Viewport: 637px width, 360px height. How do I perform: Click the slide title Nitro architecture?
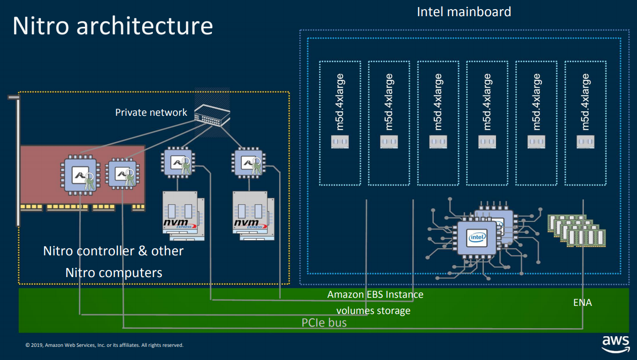pos(112,26)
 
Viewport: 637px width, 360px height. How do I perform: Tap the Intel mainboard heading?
pos(464,12)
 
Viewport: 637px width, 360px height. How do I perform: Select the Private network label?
pos(151,112)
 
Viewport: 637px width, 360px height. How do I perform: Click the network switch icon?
pos(212,114)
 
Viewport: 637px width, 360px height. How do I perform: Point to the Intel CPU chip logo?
pos(476,237)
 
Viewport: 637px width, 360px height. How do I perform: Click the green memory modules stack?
pos(577,230)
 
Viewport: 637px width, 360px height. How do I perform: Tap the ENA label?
pos(582,303)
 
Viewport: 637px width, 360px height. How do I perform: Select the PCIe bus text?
pos(324,323)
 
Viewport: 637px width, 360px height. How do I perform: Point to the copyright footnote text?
pos(104,345)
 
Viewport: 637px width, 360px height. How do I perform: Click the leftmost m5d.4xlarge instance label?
pos(340,102)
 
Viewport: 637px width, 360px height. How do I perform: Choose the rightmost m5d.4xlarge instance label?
pos(585,102)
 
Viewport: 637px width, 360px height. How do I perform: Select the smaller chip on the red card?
pos(121,173)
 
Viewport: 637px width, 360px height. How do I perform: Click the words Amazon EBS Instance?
pos(375,294)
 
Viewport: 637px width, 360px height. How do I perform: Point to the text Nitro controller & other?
pos(113,251)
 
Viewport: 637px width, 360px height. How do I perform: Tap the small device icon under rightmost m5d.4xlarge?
pos(585,142)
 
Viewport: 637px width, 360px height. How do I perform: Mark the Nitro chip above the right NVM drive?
pos(248,162)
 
